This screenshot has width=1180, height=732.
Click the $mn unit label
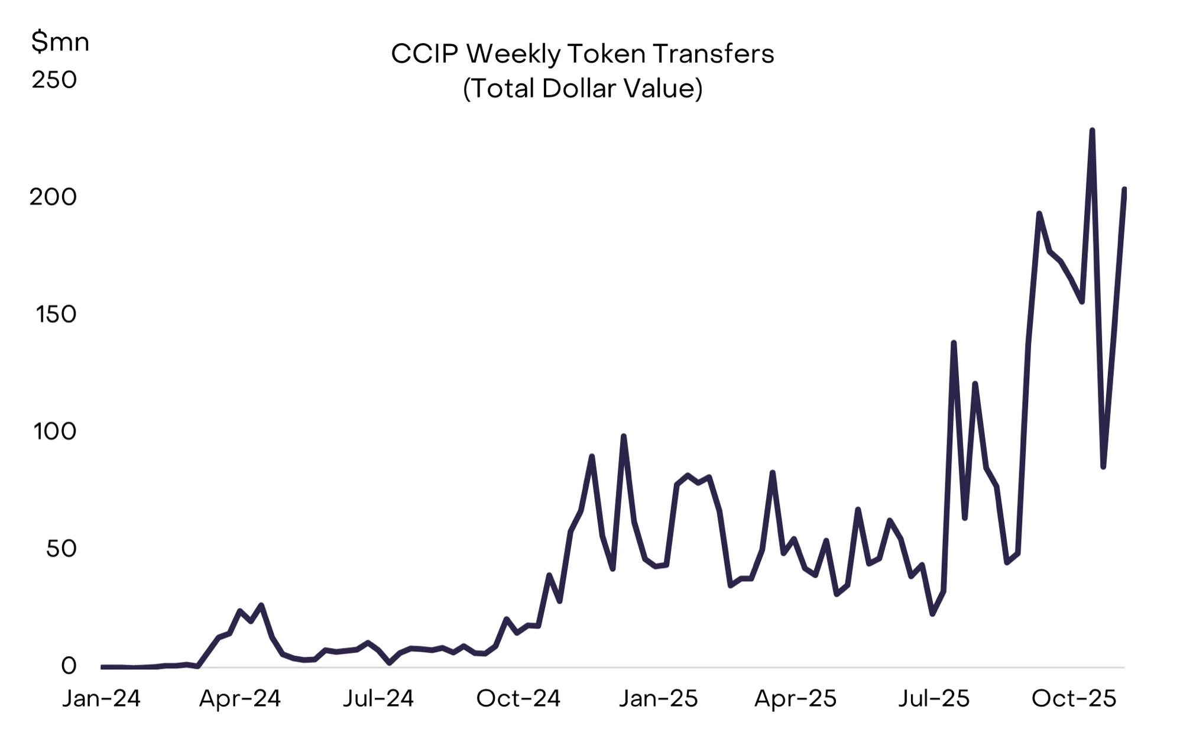[60, 42]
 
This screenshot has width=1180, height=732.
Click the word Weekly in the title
[513, 54]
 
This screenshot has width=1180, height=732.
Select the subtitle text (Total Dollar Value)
[582, 89]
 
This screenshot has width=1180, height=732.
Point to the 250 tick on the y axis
[54, 80]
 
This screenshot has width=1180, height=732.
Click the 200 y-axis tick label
[53, 197]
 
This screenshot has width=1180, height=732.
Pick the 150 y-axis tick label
[56, 314]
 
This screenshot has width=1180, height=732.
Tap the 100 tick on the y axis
[55, 431]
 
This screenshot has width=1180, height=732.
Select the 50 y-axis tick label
[61, 549]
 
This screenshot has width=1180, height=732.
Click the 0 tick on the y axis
[69, 666]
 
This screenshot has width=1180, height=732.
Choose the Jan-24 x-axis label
[101, 699]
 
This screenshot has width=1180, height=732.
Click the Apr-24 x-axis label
[239, 699]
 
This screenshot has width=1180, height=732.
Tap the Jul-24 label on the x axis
[378, 699]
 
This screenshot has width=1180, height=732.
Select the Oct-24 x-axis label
[518, 699]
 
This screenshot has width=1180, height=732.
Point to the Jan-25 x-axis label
[658, 699]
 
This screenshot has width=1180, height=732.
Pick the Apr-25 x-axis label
[796, 699]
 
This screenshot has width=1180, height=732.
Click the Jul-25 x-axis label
[934, 699]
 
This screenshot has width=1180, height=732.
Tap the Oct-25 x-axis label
[1074, 699]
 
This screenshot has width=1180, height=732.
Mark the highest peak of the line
[1092, 131]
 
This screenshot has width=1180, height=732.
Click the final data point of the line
[1124, 190]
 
